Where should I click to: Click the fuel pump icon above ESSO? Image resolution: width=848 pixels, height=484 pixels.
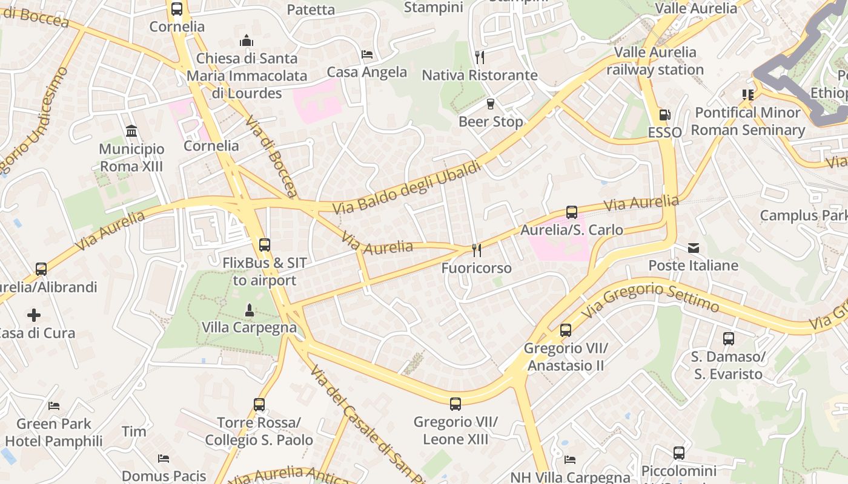pos(664,115)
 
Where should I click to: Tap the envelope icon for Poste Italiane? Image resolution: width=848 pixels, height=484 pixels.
pos(693,248)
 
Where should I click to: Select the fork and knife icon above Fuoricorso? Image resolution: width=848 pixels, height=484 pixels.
pos(477,250)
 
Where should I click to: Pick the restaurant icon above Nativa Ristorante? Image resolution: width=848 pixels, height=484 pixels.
pos(480,57)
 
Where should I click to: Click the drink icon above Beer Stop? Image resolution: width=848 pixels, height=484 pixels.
pos(491,104)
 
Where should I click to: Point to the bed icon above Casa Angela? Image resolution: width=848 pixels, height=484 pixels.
pos(367,54)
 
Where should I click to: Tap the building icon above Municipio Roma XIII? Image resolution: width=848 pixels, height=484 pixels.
pos(131,131)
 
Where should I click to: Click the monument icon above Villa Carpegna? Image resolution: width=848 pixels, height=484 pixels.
pos(249,310)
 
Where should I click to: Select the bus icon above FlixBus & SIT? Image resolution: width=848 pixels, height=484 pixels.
pos(265,245)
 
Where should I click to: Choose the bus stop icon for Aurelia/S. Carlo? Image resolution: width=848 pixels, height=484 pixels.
pos(572,212)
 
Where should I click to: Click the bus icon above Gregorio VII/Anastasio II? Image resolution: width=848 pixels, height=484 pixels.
pos(565,330)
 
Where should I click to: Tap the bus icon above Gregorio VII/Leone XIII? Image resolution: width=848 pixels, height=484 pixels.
pos(455,404)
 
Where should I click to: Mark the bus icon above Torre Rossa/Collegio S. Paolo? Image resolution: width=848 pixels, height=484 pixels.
pos(259,404)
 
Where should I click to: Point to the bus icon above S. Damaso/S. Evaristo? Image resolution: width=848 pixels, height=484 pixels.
pos(729,339)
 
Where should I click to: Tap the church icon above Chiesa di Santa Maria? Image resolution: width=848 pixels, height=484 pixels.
pos(247,41)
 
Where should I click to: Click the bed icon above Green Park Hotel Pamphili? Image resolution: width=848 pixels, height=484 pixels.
pos(54,406)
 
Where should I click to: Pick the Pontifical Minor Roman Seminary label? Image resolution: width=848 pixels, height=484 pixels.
pos(748,121)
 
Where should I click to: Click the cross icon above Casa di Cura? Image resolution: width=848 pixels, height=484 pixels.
pos(34,315)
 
